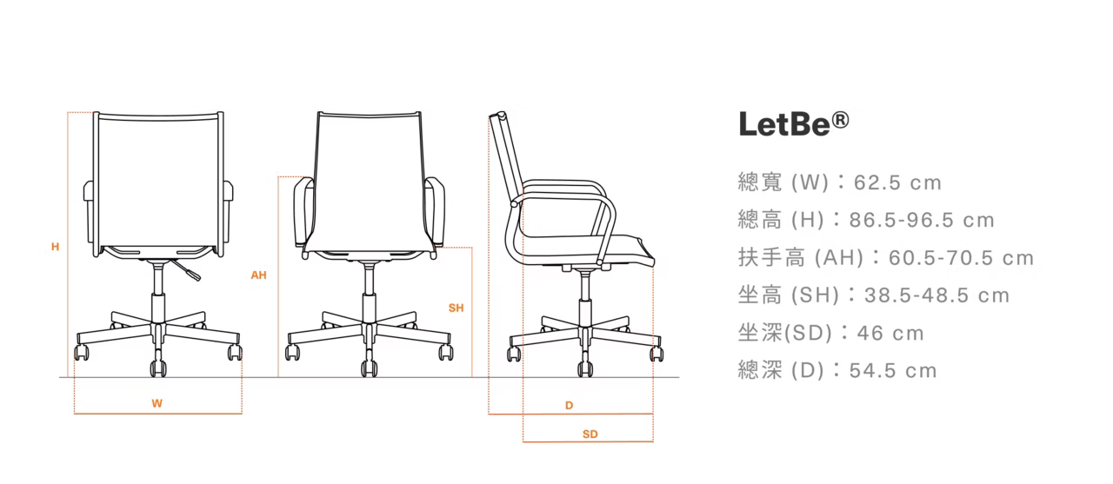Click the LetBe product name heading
(x=783, y=123)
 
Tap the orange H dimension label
(x=55, y=247)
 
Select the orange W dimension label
(x=157, y=403)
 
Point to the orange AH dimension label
(x=258, y=275)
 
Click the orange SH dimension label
(x=456, y=308)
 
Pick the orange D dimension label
(x=570, y=405)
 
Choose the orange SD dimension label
(x=590, y=434)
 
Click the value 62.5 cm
(x=898, y=183)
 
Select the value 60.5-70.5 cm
(x=962, y=258)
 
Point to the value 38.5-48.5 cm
(x=937, y=295)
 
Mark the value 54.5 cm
(x=893, y=371)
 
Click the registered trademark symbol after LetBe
(x=839, y=117)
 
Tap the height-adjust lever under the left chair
(x=187, y=270)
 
